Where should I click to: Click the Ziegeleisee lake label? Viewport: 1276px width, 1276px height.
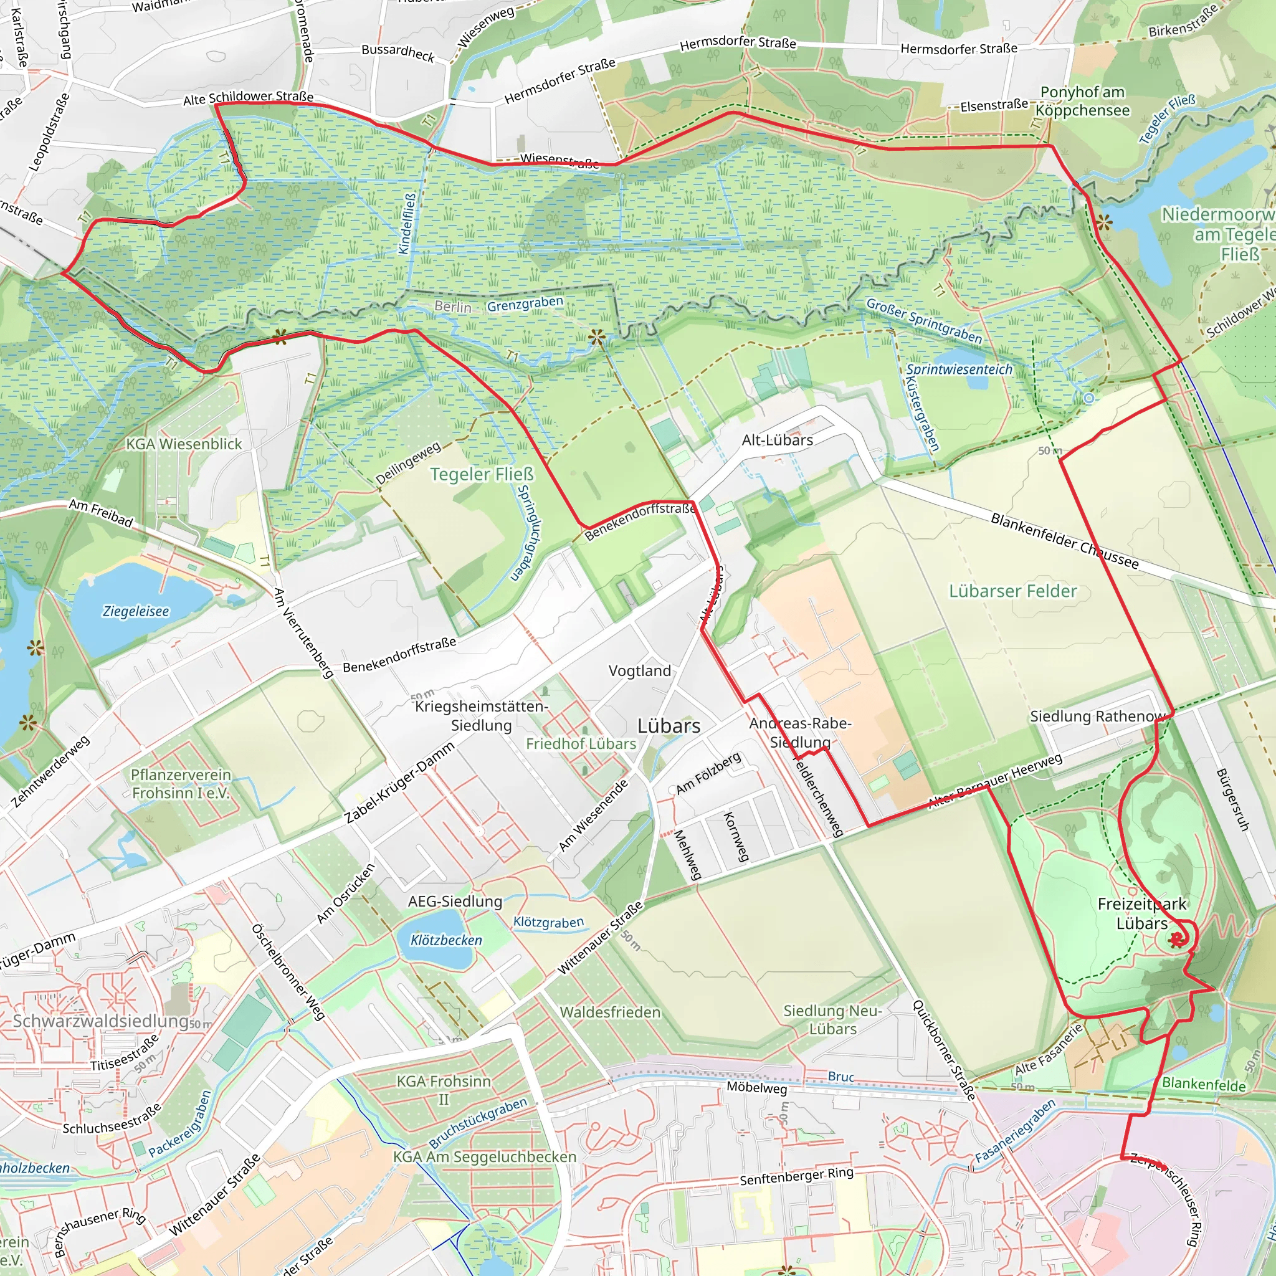tap(135, 612)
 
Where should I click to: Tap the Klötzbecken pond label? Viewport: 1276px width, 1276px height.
tap(446, 940)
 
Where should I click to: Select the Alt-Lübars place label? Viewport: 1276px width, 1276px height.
tap(778, 440)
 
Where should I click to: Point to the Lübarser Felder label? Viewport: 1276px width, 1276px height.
tap(1012, 591)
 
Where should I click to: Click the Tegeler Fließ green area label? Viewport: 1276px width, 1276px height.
tap(482, 474)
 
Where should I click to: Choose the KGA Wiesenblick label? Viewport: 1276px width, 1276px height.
tap(184, 444)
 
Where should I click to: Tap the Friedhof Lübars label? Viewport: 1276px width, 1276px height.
tap(581, 744)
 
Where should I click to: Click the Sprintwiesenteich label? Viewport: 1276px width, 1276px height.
tap(958, 369)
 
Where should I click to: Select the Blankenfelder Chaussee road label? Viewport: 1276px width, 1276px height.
tap(1065, 541)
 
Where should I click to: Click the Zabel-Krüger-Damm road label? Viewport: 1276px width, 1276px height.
tap(399, 783)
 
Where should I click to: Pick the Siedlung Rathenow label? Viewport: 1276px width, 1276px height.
tap(1098, 717)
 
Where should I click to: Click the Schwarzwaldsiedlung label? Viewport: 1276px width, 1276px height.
tap(101, 1021)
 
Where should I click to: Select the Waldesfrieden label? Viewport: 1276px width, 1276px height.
tap(609, 1012)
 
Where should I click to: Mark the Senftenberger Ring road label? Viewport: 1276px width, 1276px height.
tap(796, 1176)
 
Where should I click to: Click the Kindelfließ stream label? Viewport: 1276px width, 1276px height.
tap(407, 223)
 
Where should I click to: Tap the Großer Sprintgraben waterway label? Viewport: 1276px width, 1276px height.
tap(923, 320)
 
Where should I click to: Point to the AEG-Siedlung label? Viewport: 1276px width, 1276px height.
tap(454, 902)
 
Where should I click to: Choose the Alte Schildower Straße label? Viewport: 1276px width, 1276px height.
tap(248, 98)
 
